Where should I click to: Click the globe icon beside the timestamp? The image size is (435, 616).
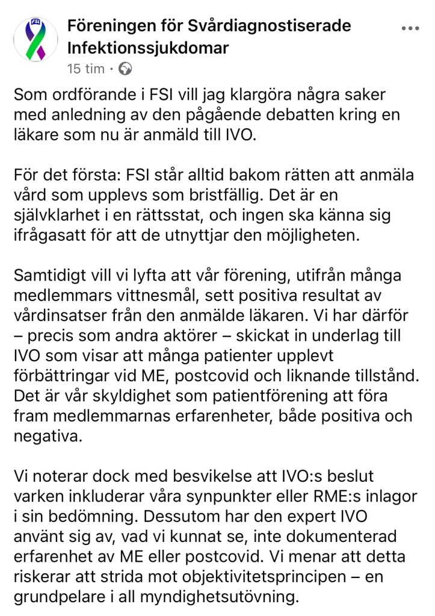click(125, 69)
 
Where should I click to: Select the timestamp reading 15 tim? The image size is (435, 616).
click(85, 69)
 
